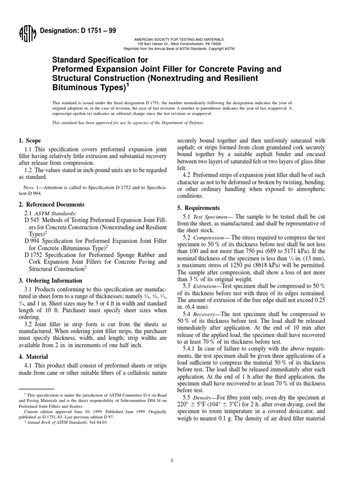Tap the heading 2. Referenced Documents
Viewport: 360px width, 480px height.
[52, 205]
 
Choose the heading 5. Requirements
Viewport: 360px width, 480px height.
[198, 208]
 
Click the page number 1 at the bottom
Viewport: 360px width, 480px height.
[172, 447]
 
